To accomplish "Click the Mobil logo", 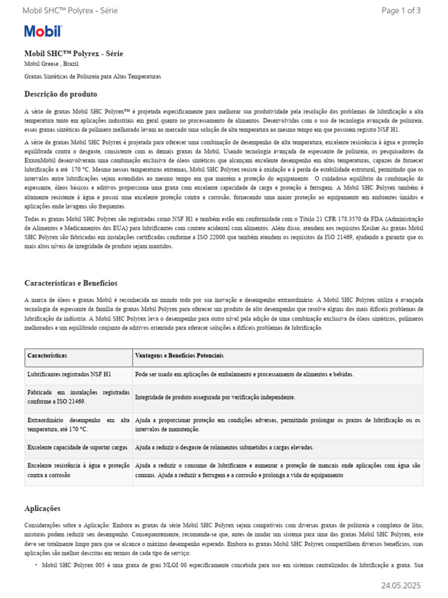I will tap(43, 32).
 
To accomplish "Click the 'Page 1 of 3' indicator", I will tap(401, 11).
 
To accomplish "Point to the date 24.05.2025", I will tap(401, 585).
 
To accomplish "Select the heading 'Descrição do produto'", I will tap(61, 94).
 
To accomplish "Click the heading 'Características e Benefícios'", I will tap(71, 283).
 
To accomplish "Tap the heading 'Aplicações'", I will tap(42, 509).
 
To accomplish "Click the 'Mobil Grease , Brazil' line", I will tap(51, 64).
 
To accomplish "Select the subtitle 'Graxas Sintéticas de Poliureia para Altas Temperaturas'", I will tap(92, 77).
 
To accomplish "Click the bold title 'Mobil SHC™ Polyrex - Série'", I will tap(73, 53).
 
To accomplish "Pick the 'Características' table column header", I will tap(47, 356).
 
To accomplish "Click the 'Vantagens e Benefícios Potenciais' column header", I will tap(179, 356).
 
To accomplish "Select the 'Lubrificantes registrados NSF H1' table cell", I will tap(69, 374).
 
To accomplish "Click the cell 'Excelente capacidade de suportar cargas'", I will tap(77, 447).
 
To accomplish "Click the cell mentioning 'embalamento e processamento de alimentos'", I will tap(244, 374).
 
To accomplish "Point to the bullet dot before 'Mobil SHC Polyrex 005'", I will tap(36, 565).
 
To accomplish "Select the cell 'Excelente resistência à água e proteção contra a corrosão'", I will tap(78, 470).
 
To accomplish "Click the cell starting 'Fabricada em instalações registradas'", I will tap(78, 397).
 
